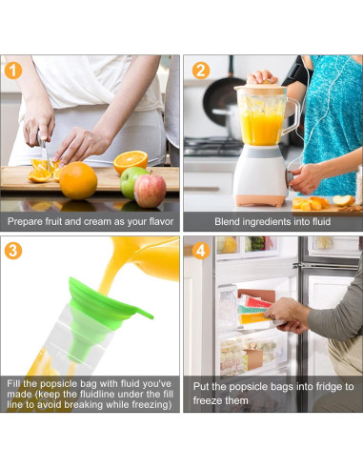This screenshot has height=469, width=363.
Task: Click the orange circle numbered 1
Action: [13, 71]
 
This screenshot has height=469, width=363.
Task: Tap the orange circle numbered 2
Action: [201, 71]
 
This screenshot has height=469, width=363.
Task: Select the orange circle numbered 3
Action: [13, 251]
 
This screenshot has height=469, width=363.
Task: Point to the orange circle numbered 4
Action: [201, 251]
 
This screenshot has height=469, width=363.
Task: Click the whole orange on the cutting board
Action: [78, 181]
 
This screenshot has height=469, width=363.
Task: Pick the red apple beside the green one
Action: [150, 191]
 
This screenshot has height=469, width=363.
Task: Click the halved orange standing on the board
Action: [131, 161]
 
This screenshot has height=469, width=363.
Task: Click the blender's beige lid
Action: [260, 89]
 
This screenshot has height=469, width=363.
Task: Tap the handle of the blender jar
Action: [293, 116]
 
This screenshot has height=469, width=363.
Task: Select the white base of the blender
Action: [260, 175]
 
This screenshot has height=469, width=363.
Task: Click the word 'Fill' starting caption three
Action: [13, 383]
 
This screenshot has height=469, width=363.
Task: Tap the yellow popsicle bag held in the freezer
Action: [255, 318]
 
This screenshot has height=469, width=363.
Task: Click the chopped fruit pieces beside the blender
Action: [311, 203]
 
